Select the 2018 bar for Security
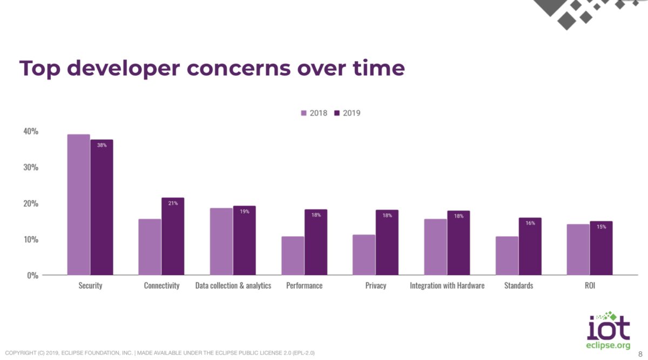coord(78,205)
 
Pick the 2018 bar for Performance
coord(293,256)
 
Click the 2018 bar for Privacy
coord(364,255)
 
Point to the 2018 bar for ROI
coord(578,249)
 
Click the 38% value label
coord(102,145)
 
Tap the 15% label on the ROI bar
coord(601,227)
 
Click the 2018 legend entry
coord(314,113)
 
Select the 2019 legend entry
coord(347,113)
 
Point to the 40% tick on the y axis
coord(30,131)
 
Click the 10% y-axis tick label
coord(30,239)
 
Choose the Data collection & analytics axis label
coord(233,285)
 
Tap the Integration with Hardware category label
coord(447,285)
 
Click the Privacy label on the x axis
coord(375,285)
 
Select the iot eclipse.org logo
coord(608,330)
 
